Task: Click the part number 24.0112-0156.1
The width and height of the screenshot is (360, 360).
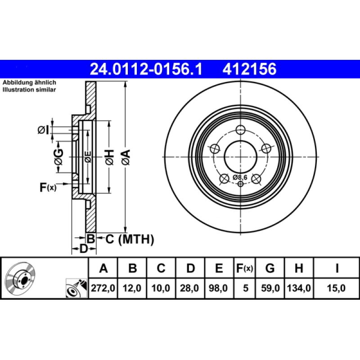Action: pyautogui.click(x=147, y=69)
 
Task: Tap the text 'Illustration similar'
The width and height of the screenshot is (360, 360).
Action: pyautogui.click(x=29, y=90)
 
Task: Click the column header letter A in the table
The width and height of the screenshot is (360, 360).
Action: pyautogui.click(x=103, y=269)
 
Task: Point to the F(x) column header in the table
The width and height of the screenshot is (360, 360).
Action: pyautogui.click(x=245, y=269)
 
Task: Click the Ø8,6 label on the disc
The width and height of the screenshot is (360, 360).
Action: pyautogui.click(x=240, y=177)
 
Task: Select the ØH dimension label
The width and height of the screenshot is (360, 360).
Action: pyautogui.click(x=110, y=157)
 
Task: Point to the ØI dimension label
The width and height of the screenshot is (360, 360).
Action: pyautogui.click(x=43, y=130)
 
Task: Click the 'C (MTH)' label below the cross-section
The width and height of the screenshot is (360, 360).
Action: pyautogui.click(x=130, y=239)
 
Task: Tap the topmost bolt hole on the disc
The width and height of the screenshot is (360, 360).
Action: pyautogui.click(x=241, y=130)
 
